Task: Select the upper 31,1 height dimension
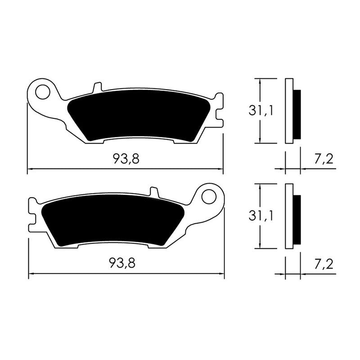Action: point(261,110)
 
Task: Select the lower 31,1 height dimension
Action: point(261,216)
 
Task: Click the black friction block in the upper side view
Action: point(297,114)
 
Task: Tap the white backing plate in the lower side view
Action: point(289,216)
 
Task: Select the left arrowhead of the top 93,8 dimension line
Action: point(30,170)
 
